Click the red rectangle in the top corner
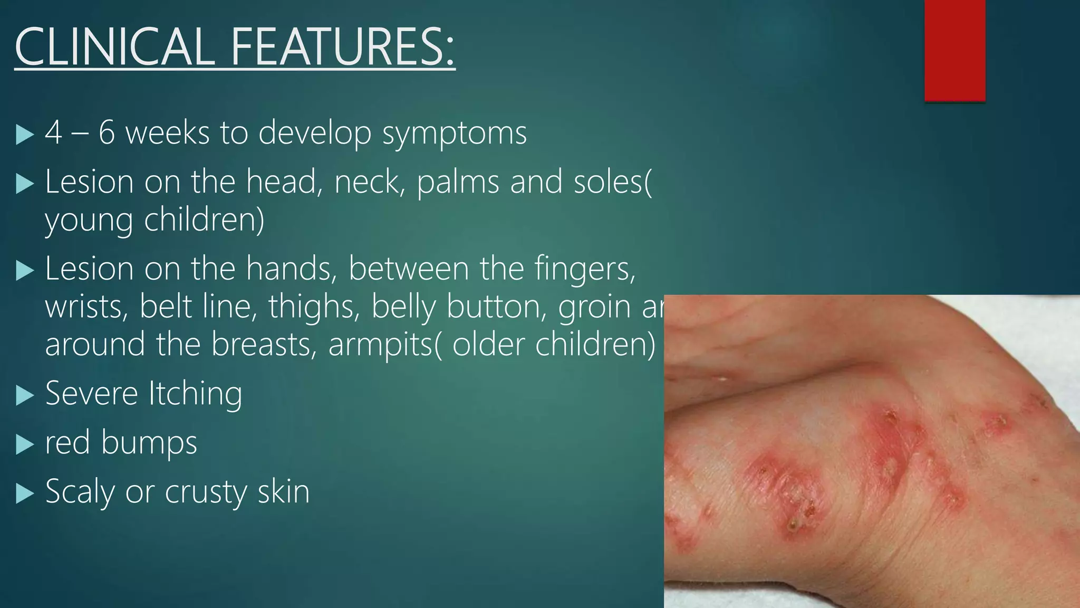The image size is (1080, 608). [954, 50]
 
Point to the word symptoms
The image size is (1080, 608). [454, 133]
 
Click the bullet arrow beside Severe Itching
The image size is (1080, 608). [24, 395]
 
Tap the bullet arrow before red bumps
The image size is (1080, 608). [24, 444]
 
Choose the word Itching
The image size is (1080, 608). [195, 394]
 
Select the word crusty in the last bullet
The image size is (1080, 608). [206, 492]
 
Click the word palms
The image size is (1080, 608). [458, 182]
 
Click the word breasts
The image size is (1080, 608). [264, 344]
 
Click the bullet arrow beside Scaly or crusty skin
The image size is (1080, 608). [24, 493]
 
